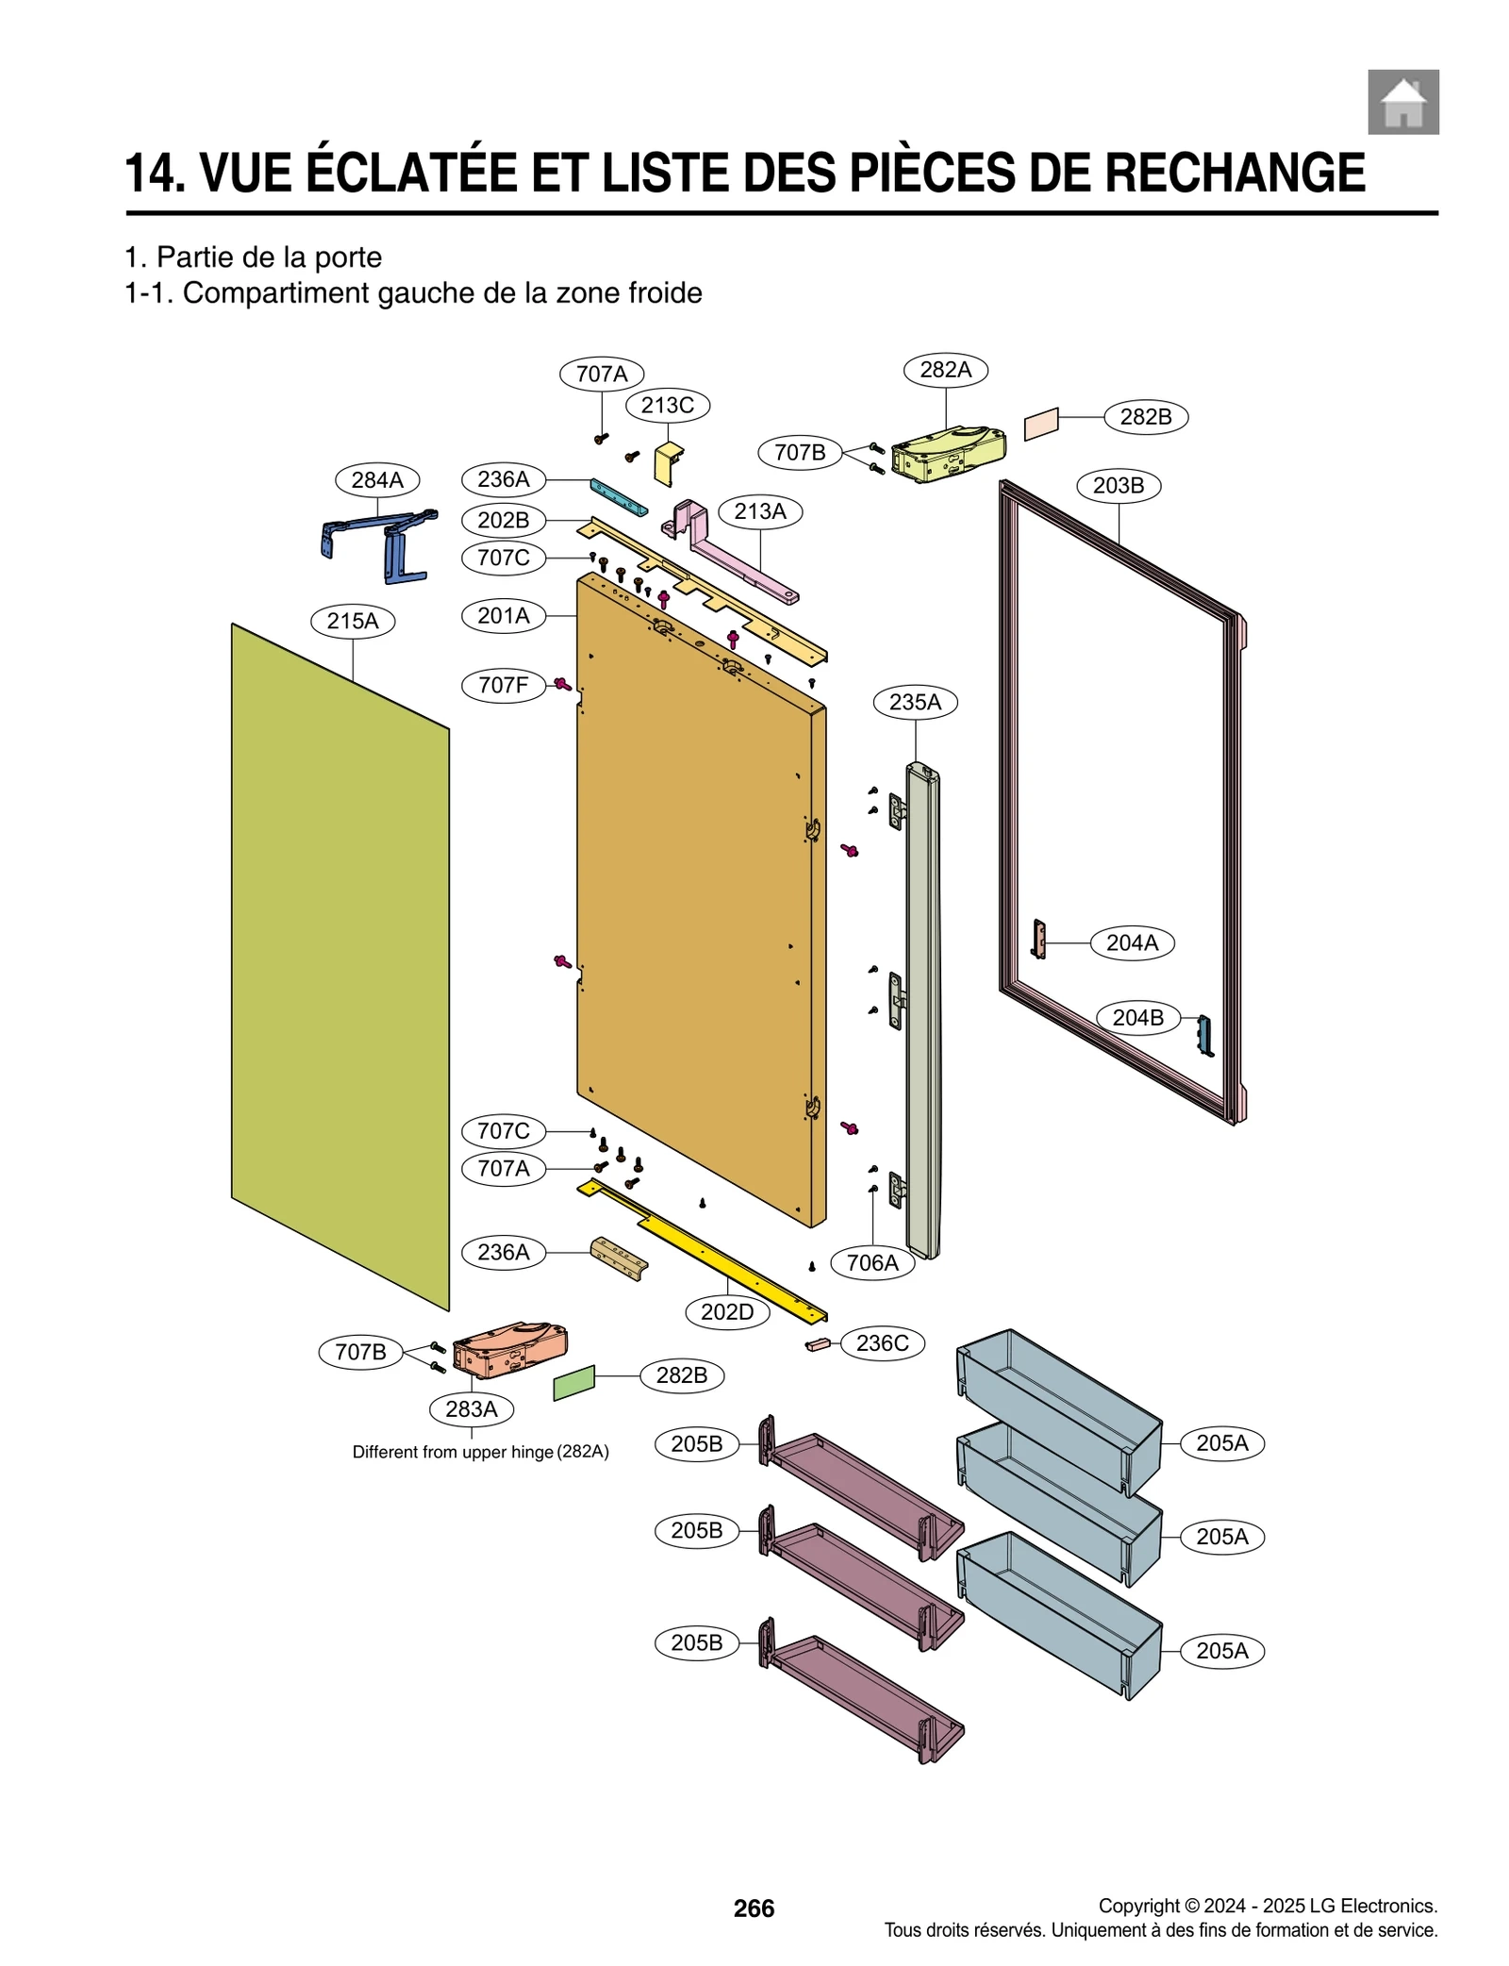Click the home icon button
(1402, 102)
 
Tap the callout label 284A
(377, 479)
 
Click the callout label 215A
(353, 621)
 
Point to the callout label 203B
(1119, 486)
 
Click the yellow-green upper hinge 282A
(948, 454)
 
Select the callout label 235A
(915, 702)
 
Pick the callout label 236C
(882, 1342)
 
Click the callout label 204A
(1132, 942)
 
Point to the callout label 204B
(1137, 1018)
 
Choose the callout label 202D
(727, 1312)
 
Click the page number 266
(754, 1908)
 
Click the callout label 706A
(872, 1262)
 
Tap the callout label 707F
(503, 685)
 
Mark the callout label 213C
(668, 406)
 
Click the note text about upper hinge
(480, 1452)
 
